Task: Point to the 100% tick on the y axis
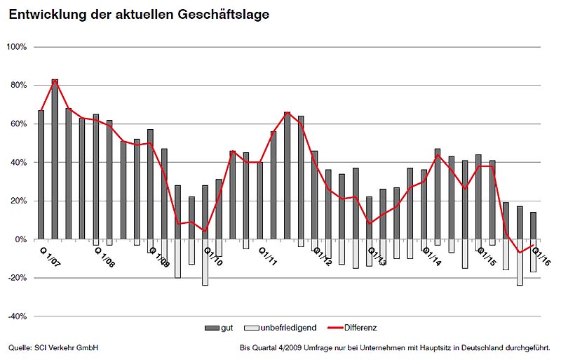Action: [16, 47]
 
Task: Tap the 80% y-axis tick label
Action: [18, 86]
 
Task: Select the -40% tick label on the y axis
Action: [17, 316]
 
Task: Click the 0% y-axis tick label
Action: [20, 239]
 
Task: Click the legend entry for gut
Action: [221, 328]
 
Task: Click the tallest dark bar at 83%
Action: [55, 159]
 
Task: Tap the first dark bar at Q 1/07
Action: [41, 175]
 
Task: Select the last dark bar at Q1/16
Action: [533, 226]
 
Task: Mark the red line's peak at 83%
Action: [55, 81]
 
